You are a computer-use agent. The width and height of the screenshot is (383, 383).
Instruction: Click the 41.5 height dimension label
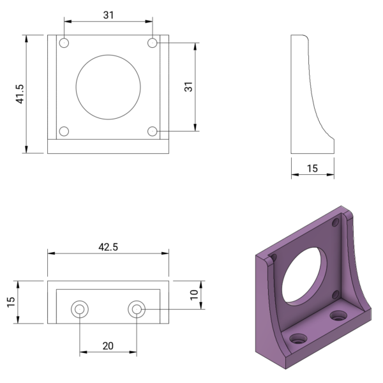point(20,94)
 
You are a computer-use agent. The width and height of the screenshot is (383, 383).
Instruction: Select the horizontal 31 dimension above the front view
point(108,15)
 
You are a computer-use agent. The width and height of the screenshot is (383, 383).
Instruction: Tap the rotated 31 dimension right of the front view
point(189,87)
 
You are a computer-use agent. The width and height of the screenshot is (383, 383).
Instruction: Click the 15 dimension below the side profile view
point(313,169)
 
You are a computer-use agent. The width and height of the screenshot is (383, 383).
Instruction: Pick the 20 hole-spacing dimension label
point(108,345)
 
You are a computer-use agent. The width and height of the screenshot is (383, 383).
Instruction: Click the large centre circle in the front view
point(108,87)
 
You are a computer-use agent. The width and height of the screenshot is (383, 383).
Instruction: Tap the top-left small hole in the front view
point(64,43)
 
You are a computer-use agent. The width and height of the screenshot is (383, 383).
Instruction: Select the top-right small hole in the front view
point(152,43)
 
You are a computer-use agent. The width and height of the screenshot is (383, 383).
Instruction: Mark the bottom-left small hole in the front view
point(64,131)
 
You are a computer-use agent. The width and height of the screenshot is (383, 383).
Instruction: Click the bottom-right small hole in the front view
point(152,131)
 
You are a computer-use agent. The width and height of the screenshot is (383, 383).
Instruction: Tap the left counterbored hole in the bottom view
point(80,310)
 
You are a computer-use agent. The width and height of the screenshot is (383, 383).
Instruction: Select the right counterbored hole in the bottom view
point(136,310)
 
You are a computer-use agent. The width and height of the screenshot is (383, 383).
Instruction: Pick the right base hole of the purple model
point(338,315)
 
